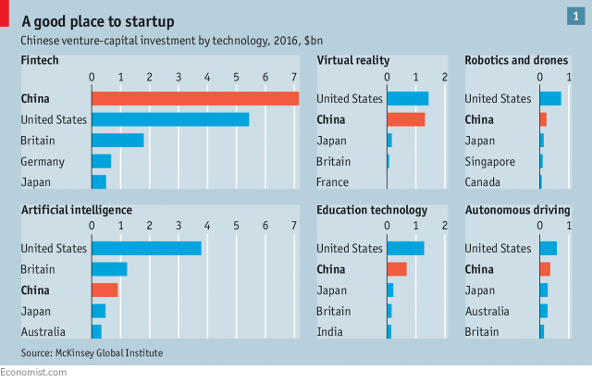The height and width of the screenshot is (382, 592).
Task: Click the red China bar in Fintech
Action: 194,98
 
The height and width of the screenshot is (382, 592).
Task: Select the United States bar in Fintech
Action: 170,119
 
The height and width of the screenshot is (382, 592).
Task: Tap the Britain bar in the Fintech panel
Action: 117,141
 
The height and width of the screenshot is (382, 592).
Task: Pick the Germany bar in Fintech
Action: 101,162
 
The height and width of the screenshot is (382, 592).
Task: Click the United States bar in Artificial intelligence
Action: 146,248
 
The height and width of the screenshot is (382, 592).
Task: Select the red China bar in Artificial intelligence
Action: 105,290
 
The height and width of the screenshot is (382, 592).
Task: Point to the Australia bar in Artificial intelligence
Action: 96,331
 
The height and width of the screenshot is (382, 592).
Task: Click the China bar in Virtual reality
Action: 405,119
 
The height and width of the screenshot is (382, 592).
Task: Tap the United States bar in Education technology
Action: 405,248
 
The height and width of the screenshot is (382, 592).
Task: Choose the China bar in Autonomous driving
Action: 545,269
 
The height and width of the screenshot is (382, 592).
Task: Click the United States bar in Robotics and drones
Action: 550,98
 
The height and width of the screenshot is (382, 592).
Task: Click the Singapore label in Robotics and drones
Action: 490,162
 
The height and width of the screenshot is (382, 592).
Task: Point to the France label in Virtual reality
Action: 333,182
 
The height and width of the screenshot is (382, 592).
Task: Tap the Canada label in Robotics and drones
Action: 484,182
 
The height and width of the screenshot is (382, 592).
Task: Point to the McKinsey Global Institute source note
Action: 95,353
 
